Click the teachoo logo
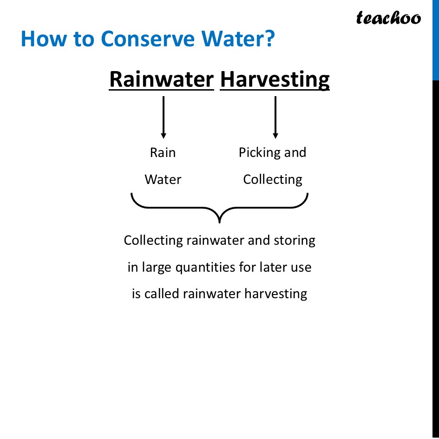[388, 18]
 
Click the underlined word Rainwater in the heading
[161, 79]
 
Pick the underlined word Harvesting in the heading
[275, 79]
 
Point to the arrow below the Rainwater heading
[163, 117]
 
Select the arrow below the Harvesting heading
[275, 117]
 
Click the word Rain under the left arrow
[163, 153]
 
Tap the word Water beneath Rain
[163, 180]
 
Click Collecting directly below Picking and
[273, 180]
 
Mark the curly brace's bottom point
[219, 222]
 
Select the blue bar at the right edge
[435, 39]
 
